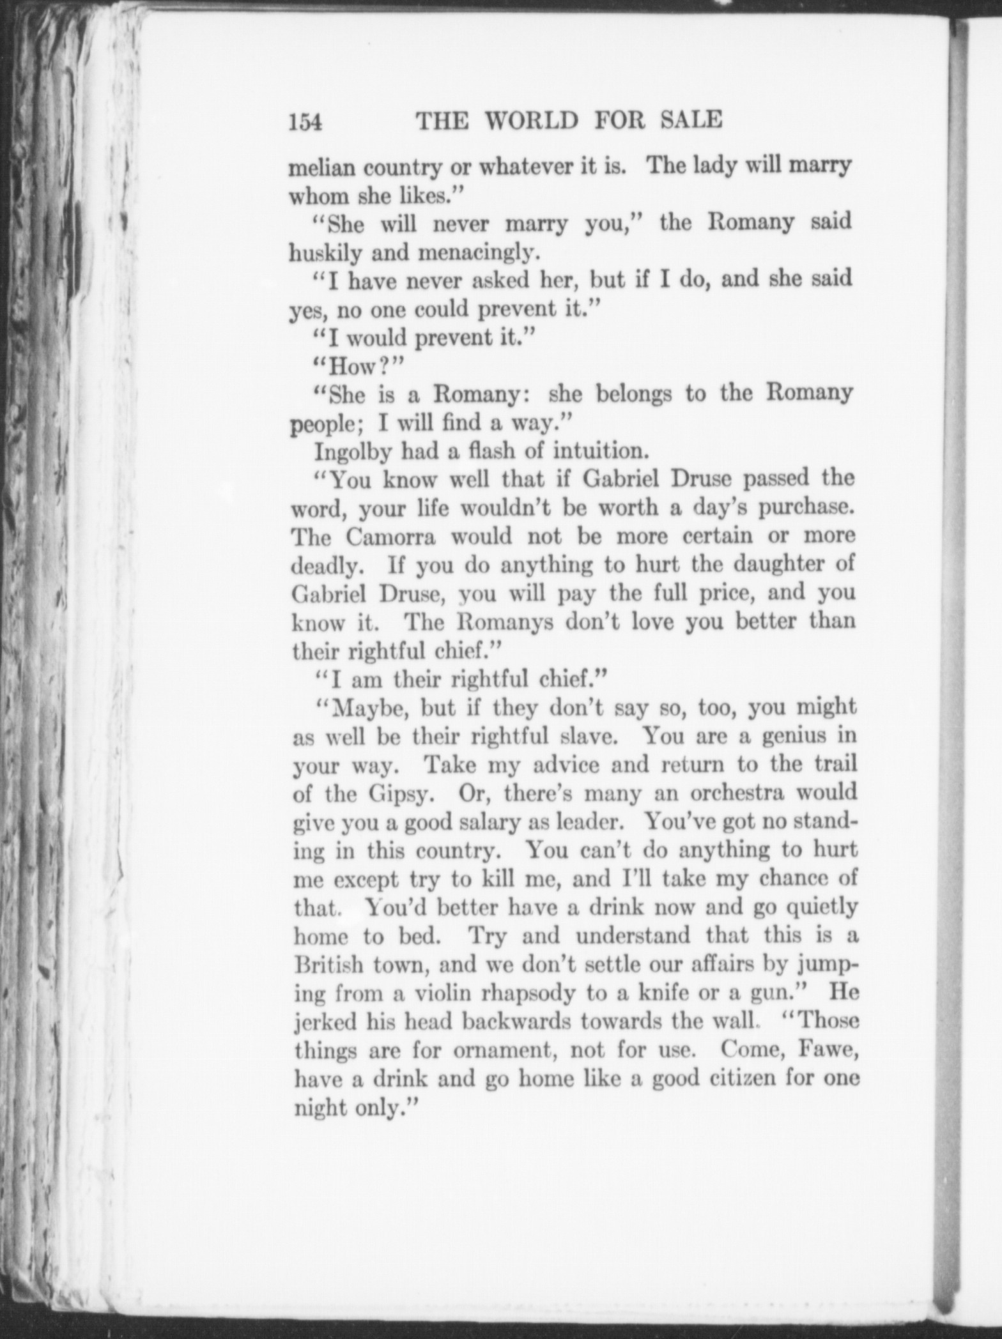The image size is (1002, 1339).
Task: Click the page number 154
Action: [x=305, y=121]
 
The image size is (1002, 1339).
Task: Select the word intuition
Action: [x=601, y=452]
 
